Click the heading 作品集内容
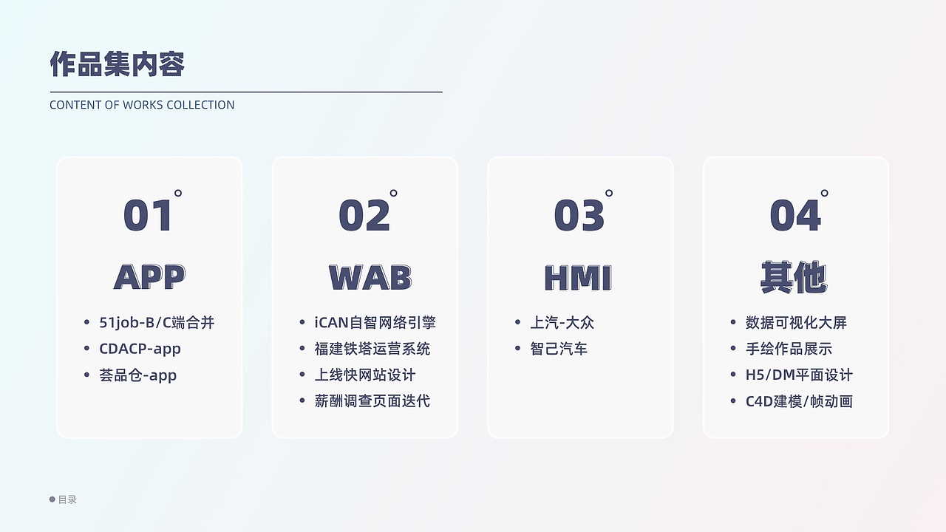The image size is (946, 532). pyautogui.click(x=117, y=64)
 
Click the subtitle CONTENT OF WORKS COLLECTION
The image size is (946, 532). pyautogui.click(x=142, y=105)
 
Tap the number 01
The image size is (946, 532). pyautogui.click(x=149, y=216)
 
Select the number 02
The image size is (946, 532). pyautogui.click(x=364, y=216)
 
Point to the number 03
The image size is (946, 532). pyautogui.click(x=579, y=216)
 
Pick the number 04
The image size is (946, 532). pyautogui.click(x=795, y=216)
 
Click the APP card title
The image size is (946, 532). pyautogui.click(x=149, y=278)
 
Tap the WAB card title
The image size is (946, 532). pyautogui.click(x=370, y=278)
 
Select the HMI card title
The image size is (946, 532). pyautogui.click(x=578, y=278)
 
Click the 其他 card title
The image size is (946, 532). pyautogui.click(x=794, y=278)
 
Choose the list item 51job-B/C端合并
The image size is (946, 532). pyautogui.click(x=157, y=323)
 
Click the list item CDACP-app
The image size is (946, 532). pyautogui.click(x=140, y=349)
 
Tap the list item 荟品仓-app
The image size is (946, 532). pyautogui.click(x=137, y=375)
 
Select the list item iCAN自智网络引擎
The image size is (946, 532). pyautogui.click(x=375, y=323)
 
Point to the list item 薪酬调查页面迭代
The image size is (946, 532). pyautogui.click(x=372, y=401)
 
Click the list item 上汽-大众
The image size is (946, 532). pyautogui.click(x=562, y=323)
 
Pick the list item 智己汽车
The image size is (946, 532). pyautogui.click(x=559, y=349)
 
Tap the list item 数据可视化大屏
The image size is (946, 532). pyautogui.click(x=796, y=323)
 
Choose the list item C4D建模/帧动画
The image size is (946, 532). pyautogui.click(x=799, y=401)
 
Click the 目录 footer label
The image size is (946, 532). pyautogui.click(x=67, y=499)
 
